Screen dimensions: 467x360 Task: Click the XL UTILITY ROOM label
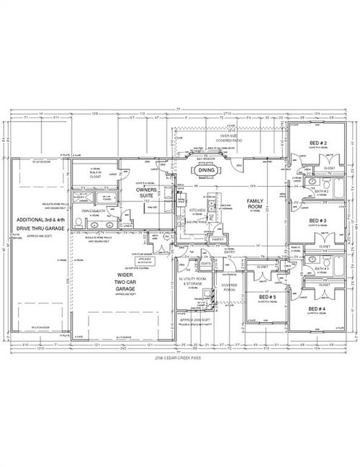[x=192, y=277]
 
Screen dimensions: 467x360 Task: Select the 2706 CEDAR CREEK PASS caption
[x=180, y=358]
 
